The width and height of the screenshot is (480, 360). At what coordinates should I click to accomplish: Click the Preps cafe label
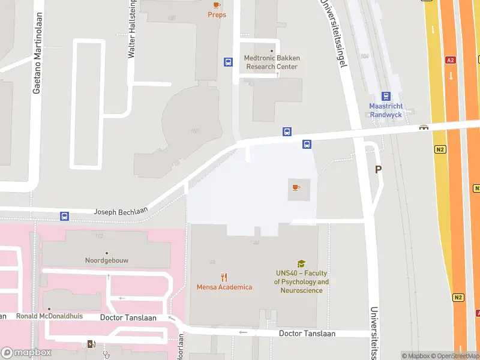click(x=217, y=14)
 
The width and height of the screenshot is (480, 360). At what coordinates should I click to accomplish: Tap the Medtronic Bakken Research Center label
click(x=272, y=62)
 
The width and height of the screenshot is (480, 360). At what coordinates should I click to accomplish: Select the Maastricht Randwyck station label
click(x=386, y=110)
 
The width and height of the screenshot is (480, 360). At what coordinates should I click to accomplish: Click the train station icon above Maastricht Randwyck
click(x=386, y=96)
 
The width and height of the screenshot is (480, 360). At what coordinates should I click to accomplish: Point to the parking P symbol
click(x=378, y=170)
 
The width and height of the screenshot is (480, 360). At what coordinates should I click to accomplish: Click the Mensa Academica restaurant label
click(x=224, y=287)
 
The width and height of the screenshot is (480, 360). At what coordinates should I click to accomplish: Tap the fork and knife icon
click(x=224, y=277)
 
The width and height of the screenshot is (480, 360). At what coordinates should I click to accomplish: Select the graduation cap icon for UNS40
click(x=301, y=263)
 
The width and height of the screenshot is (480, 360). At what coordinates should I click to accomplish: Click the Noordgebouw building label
click(x=107, y=261)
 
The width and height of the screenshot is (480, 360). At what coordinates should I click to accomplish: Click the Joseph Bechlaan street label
click(x=120, y=212)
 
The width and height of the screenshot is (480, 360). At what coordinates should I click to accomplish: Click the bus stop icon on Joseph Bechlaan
click(x=64, y=216)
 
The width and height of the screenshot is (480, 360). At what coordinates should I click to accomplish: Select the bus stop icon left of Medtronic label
click(x=228, y=62)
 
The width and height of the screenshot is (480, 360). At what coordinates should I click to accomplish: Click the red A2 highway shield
click(x=450, y=60)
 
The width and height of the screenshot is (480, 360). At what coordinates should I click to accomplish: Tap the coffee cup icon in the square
click(x=296, y=187)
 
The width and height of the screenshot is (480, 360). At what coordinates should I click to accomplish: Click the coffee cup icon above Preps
click(x=217, y=5)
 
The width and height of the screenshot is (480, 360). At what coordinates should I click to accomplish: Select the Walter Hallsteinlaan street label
click(x=131, y=30)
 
